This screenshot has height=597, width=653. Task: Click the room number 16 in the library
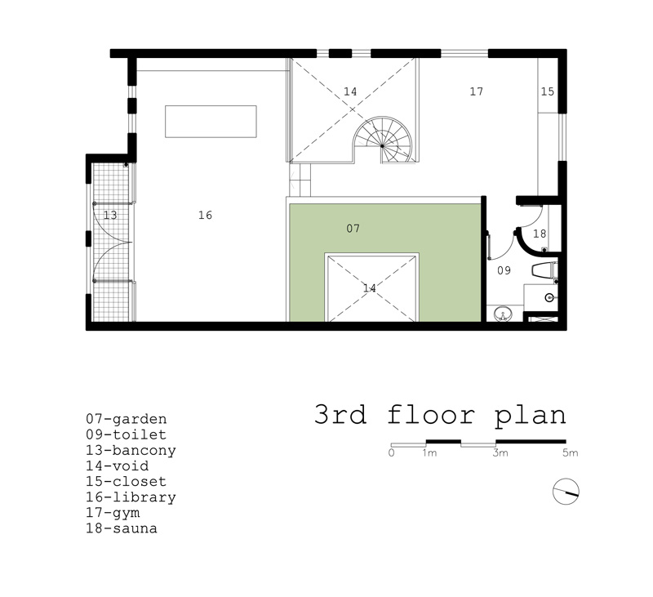point(206,215)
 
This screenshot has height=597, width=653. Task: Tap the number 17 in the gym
point(477,91)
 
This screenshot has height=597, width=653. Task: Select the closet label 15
point(547,91)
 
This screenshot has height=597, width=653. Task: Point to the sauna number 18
point(540,234)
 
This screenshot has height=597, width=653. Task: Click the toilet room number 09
point(504,270)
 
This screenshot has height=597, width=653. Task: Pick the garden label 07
point(353,228)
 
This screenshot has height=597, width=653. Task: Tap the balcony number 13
point(110,215)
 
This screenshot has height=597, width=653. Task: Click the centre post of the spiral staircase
point(382,146)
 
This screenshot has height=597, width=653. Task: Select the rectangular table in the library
point(211,121)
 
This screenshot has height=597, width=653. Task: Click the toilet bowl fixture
point(544,270)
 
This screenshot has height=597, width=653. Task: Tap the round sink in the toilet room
point(504,314)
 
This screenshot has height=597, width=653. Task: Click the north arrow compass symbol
point(566,492)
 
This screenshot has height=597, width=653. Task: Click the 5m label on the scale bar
point(570,452)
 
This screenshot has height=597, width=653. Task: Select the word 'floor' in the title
point(432,415)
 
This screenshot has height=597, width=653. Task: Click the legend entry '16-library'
point(131,497)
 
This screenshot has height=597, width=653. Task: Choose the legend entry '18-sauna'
point(122,528)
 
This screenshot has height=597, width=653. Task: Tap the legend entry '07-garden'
point(127,419)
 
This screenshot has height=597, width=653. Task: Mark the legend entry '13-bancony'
point(131,450)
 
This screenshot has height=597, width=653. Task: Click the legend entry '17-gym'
point(113,513)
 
